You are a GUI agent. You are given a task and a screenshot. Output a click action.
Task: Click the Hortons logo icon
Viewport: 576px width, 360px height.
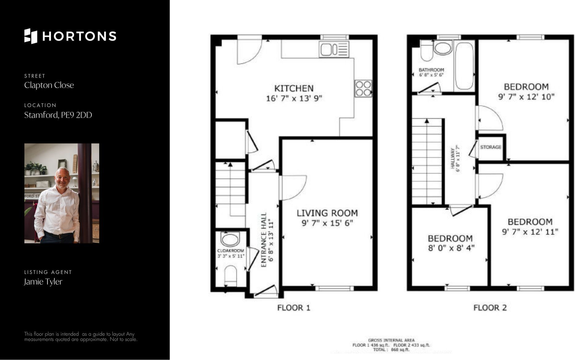click(31, 36)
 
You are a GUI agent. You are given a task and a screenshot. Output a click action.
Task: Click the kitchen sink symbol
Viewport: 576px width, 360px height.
click(334, 49)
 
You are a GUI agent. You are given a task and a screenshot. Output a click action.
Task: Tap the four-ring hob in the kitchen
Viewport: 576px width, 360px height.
click(363, 88)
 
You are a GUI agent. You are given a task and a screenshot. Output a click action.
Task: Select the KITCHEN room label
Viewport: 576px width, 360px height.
click(294, 89)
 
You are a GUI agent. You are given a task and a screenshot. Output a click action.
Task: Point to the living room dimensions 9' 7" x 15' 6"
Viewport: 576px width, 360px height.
click(327, 223)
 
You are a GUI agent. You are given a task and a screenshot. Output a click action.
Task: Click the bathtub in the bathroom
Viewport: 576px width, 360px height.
click(464, 66)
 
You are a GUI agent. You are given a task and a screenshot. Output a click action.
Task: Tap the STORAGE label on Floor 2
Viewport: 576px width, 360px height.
click(491, 147)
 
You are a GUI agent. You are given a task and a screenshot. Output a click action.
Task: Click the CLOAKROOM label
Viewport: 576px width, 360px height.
click(231, 251)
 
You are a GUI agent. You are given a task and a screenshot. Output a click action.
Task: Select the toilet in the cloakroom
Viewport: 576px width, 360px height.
click(230, 276)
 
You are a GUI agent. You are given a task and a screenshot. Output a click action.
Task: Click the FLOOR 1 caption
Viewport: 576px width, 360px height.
click(294, 308)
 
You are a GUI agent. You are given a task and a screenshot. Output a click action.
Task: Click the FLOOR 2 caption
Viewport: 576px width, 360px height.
click(490, 308)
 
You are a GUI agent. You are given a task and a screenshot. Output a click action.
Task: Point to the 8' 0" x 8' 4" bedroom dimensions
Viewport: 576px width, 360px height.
click(451, 248)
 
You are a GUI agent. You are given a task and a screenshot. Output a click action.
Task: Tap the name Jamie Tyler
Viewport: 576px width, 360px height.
click(43, 282)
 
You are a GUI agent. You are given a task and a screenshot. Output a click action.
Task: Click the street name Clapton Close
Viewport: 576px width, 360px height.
click(49, 85)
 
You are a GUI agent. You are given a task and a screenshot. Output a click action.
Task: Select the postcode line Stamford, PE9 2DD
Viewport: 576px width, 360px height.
click(58, 115)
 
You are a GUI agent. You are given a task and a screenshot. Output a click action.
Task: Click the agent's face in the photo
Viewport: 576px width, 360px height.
click(62, 178)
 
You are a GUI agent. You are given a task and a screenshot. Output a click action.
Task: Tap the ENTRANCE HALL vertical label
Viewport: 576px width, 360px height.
click(264, 240)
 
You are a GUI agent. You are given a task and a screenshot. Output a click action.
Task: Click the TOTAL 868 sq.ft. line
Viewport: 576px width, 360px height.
click(391, 350)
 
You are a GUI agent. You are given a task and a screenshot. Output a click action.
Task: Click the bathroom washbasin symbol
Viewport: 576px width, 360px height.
click(443, 48)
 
